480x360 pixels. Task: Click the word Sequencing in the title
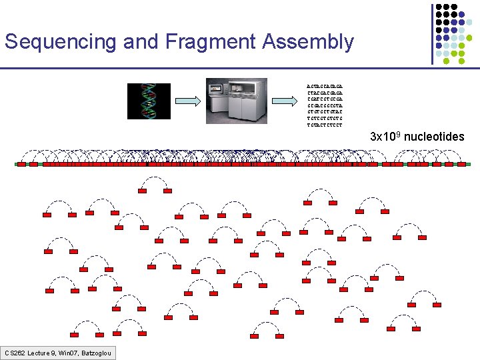[61, 43]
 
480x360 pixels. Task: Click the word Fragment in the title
[215, 43]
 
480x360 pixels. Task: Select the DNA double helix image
[149, 101]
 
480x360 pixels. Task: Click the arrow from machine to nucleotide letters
[286, 101]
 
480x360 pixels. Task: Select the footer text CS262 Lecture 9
[37, 353]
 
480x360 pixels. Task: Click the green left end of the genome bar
[17, 164]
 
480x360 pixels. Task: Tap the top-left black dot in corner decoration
[440, 7]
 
